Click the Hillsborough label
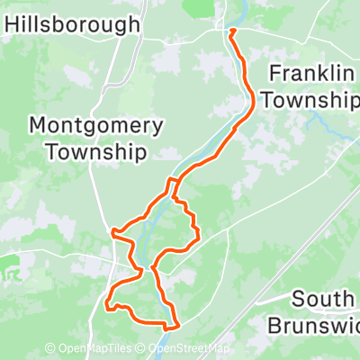pos(73,24)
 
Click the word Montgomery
pos(96,125)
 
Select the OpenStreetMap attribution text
pos(190,349)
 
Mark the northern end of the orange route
pos(232,31)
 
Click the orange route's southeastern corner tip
pos(178,325)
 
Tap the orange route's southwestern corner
pos(108,307)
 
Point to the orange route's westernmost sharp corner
pos(112,232)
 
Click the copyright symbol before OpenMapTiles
pos(49,349)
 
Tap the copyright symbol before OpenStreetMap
pos(144,349)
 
